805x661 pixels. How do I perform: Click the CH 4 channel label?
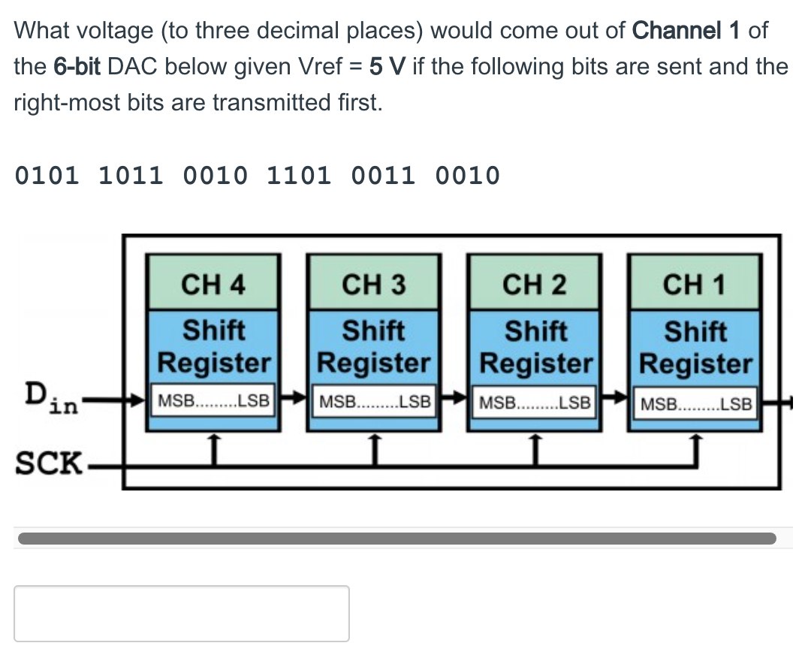tap(213, 285)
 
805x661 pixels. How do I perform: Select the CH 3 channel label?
tap(373, 285)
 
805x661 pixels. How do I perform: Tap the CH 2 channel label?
tap(534, 285)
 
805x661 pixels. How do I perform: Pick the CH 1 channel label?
tap(695, 285)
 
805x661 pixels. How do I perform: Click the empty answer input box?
tap(181, 613)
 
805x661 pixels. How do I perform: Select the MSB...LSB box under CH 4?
tap(214, 401)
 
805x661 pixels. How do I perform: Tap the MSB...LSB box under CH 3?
tap(374, 401)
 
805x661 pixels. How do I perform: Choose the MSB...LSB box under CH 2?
tap(535, 401)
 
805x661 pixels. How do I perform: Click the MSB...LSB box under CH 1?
tap(695, 403)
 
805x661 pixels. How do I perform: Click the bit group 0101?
tap(47, 177)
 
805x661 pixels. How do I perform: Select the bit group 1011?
tap(131, 177)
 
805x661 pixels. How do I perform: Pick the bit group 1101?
tap(299, 177)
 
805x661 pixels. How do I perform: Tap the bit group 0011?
tap(383, 177)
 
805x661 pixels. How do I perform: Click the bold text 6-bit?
tap(77, 66)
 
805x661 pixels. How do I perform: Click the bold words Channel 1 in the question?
tap(688, 31)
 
